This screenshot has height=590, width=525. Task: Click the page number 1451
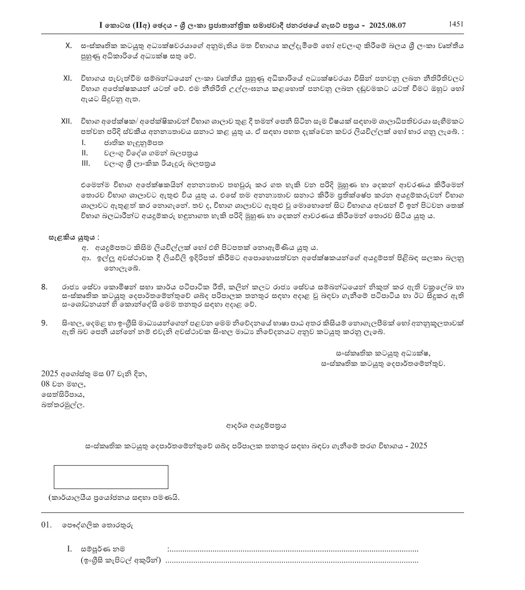pyautogui.click(x=456, y=24)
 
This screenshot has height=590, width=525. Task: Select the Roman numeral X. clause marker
pyautogui.click(x=69, y=45)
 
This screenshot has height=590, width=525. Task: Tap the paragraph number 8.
pyautogui.click(x=44, y=287)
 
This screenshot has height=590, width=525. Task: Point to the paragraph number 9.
pyautogui.click(x=44, y=323)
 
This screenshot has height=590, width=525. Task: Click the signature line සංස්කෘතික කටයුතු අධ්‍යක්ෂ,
pyautogui.click(x=383, y=353)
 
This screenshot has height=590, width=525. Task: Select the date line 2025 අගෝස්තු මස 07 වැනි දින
pyautogui.click(x=94, y=374)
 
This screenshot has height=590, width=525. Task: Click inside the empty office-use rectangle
pyautogui.click(x=111, y=477)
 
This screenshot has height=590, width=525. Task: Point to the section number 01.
pyautogui.click(x=47, y=525)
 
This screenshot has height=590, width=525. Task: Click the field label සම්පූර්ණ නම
pyautogui.click(x=103, y=549)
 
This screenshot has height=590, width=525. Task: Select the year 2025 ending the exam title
pyautogui.click(x=418, y=446)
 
